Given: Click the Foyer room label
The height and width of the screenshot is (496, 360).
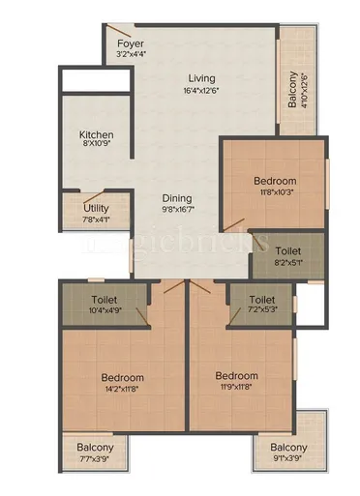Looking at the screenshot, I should point(131,44).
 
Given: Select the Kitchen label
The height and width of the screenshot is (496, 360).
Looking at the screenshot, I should point(97,134).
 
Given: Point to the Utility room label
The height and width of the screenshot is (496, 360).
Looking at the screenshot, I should point(96,208).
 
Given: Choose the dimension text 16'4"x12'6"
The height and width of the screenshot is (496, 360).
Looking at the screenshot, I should point(202,91).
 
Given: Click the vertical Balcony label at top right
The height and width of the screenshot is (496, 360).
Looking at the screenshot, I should point(292,88).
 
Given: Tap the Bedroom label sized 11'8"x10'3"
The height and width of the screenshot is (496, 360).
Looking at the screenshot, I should point(275,181).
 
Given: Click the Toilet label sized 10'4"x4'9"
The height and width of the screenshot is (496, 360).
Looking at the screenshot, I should point(106,300).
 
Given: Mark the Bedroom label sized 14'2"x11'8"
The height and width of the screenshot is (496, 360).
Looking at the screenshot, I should point(122,377).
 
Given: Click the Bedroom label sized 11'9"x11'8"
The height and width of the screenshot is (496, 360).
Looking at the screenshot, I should point(236,376).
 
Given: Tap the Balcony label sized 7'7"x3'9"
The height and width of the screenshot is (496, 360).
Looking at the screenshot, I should point(95,448).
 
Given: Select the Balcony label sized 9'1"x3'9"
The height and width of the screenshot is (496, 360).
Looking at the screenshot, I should point(288,448).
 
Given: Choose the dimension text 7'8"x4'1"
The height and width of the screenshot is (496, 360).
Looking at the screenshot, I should point(96,219).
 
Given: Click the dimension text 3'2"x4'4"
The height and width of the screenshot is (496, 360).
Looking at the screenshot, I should point(131,56).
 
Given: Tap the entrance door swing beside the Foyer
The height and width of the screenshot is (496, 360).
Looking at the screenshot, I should point(116,33).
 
